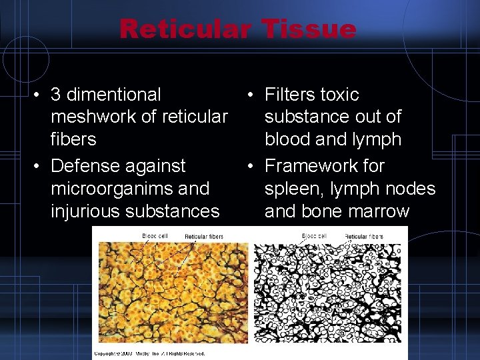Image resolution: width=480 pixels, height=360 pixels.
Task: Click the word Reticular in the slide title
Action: (x=184, y=29)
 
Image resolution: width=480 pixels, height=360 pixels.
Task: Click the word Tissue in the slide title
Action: (x=309, y=29)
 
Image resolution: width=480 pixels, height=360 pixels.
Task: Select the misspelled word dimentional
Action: (x=114, y=95)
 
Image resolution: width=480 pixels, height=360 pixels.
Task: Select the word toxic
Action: (x=339, y=95)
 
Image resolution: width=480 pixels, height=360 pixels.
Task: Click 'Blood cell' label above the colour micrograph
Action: (x=155, y=236)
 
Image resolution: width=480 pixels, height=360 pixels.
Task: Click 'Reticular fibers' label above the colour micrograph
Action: (x=205, y=237)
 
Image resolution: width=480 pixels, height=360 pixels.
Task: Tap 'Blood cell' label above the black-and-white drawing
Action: (x=314, y=236)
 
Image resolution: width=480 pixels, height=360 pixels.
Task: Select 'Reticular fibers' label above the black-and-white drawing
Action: (x=365, y=237)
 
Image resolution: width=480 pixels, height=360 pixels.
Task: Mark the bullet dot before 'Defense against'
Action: (x=39, y=166)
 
